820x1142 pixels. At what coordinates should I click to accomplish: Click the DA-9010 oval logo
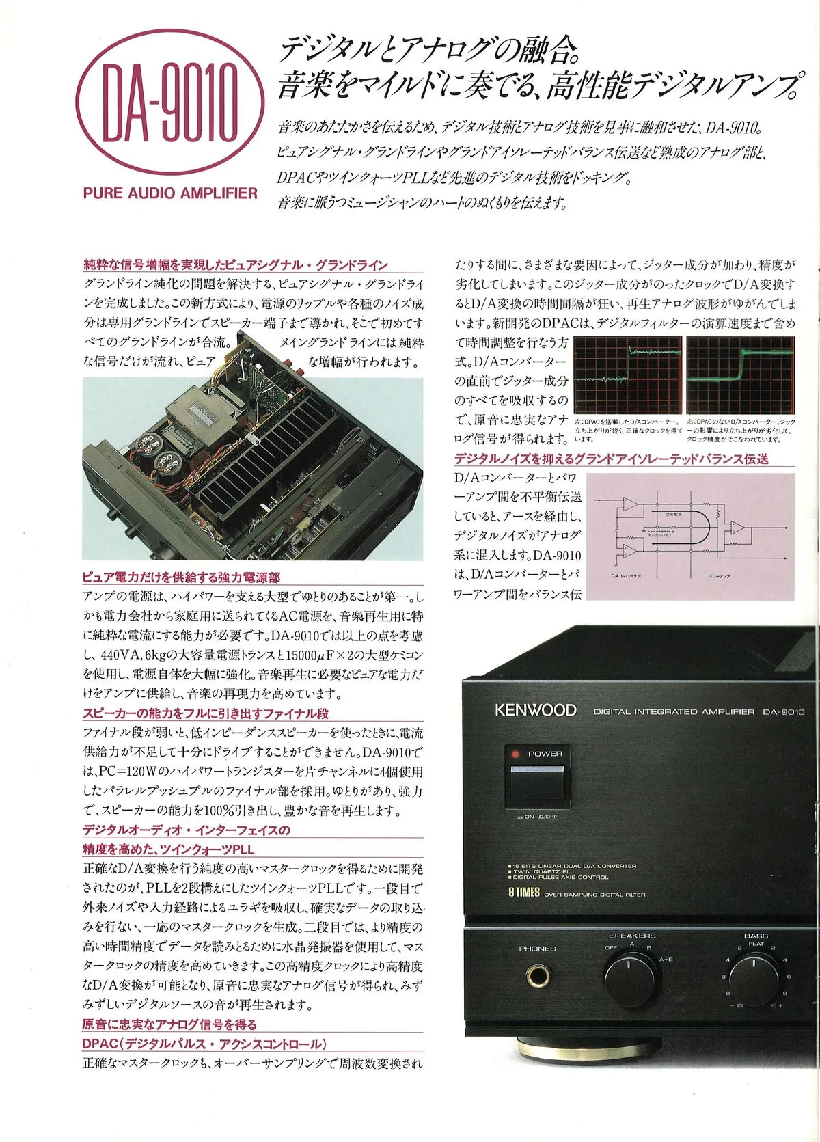pyautogui.click(x=169, y=110)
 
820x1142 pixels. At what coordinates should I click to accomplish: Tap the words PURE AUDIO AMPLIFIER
pyautogui.click(x=170, y=193)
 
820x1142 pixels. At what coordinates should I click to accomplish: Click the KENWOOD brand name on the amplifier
pyautogui.click(x=536, y=710)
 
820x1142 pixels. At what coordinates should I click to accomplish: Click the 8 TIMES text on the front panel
pyautogui.click(x=524, y=893)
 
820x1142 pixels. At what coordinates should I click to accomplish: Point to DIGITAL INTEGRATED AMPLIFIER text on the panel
pyautogui.click(x=674, y=711)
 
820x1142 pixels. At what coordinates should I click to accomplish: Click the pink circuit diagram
pyautogui.click(x=690, y=536)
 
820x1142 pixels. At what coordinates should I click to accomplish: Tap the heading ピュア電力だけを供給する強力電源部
pyautogui.click(x=181, y=577)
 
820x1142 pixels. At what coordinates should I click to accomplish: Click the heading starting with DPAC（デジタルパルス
pyautogui.click(x=204, y=1044)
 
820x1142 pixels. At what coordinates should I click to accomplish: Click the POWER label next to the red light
pyautogui.click(x=545, y=754)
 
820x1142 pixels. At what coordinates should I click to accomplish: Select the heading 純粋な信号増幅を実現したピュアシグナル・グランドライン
pyautogui.click(x=236, y=265)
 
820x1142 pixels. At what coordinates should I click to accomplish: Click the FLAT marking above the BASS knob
pyautogui.click(x=756, y=944)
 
